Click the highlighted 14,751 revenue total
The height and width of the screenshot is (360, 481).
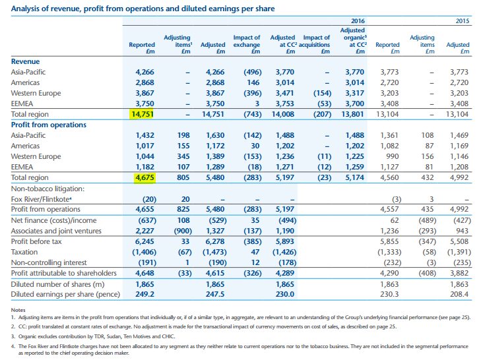coord(143,114)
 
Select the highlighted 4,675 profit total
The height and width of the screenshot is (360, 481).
coord(144,177)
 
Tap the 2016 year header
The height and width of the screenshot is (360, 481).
coord(358,21)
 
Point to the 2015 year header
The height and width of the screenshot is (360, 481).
coord(463,21)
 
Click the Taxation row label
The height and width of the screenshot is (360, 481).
coord(24,252)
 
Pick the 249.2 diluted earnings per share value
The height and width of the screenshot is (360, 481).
coord(144,294)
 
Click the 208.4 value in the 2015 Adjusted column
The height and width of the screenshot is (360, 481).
coord(459,294)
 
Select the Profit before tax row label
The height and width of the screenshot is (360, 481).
coord(36,241)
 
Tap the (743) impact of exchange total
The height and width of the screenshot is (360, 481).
coord(253,114)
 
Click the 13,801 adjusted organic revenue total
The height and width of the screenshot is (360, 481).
coord(353,114)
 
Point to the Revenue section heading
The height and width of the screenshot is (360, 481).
coord(25,61)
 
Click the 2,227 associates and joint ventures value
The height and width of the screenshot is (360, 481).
coord(144,231)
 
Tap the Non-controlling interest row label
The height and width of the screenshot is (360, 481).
coord(49,263)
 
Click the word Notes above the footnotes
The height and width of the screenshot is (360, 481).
coord(18,310)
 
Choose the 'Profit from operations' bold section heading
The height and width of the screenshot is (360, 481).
coord(48,125)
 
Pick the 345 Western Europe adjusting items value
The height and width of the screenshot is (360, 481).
coord(183,156)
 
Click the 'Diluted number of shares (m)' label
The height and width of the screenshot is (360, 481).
coord(57,285)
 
